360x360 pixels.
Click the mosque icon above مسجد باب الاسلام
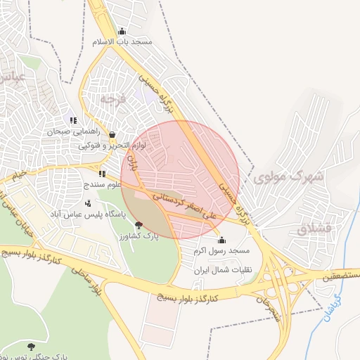pos(122,31)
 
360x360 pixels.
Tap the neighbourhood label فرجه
pos(112,99)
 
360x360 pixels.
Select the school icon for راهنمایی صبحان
pos(73,121)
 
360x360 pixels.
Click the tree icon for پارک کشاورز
pos(139,225)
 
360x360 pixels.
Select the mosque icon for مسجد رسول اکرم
pos(222,240)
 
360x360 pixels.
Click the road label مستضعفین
pos(340,275)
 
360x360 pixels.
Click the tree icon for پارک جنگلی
pos(31,347)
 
